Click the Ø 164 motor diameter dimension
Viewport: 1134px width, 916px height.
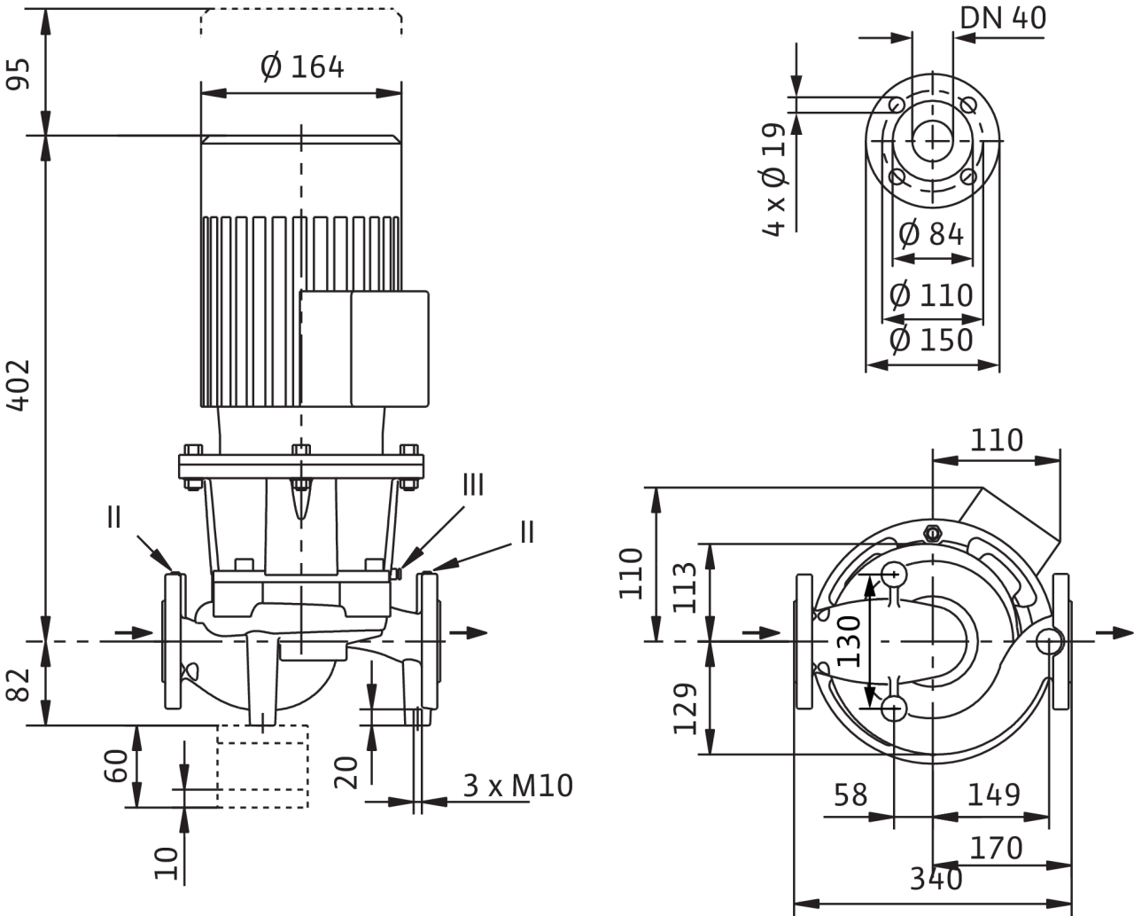coord(303,67)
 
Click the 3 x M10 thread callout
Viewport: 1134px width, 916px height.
coord(519,786)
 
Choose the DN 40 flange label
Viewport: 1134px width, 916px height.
coord(1004,18)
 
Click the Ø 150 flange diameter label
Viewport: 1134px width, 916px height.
coord(931,340)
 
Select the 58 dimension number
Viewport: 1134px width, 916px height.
coord(851,795)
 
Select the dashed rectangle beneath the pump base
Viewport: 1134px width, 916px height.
coord(263,765)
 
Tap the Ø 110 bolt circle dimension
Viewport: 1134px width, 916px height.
coord(931,294)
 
